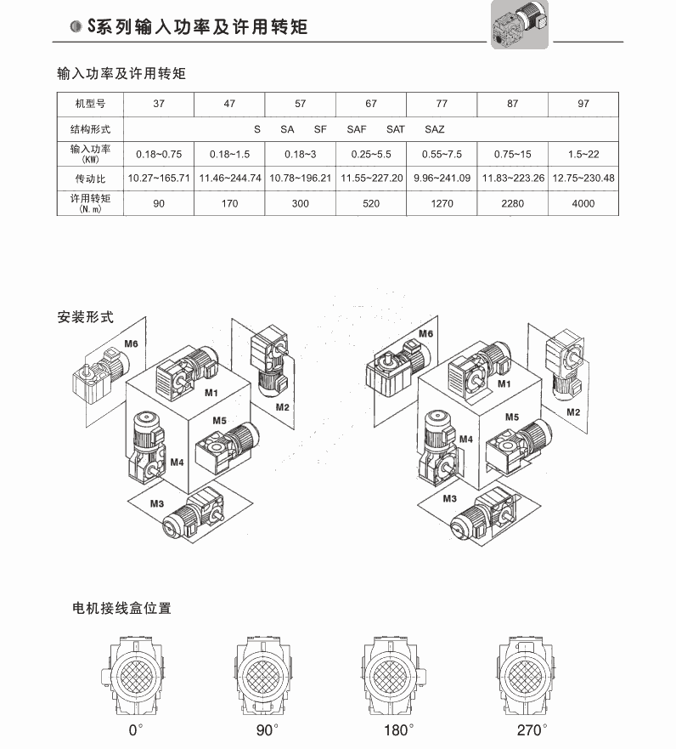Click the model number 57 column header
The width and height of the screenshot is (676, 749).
300,104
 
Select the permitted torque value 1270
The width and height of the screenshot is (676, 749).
442,203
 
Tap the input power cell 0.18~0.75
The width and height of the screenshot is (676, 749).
159,154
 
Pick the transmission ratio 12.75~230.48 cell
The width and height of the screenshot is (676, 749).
583,179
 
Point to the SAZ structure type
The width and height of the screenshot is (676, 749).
435,129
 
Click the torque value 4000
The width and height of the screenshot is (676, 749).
583,203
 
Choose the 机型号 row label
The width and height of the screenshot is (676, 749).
90,104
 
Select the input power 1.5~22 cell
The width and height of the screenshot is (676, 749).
583,154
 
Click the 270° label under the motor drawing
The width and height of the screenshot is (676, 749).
532,730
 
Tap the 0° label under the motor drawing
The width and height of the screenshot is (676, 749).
136,730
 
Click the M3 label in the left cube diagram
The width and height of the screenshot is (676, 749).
157,503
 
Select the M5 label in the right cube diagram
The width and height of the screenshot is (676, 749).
512,417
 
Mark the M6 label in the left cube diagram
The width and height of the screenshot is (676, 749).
131,343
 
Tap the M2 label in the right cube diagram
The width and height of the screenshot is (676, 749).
573,411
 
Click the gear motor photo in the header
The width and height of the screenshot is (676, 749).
520,24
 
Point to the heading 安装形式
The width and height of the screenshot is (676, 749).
86,317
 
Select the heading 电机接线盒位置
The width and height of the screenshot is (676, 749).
121,608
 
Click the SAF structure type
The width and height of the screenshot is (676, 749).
357,129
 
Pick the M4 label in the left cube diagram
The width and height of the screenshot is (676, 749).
177,462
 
